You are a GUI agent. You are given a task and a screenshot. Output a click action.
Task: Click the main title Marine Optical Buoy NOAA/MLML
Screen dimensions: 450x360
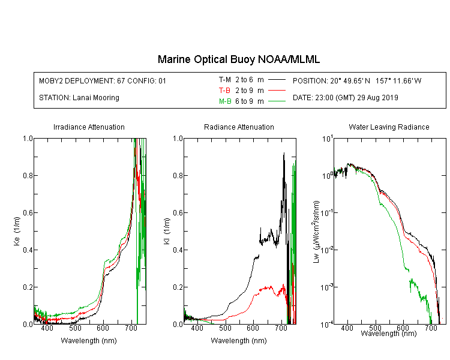(x=238, y=59)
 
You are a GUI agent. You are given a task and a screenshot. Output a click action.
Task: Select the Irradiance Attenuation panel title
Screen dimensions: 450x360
(x=89, y=127)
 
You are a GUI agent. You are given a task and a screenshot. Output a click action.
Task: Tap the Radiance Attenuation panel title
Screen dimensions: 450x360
(x=239, y=127)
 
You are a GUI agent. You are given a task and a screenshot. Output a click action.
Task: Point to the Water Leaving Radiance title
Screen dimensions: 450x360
(x=389, y=127)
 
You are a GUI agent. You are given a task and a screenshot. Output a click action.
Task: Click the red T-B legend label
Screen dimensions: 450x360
(x=224, y=91)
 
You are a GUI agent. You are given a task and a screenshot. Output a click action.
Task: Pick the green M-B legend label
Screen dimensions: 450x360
(x=225, y=101)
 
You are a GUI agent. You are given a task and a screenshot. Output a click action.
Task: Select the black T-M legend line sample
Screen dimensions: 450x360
(x=277, y=80)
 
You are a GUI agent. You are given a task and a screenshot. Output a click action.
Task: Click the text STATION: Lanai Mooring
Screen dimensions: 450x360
(x=79, y=98)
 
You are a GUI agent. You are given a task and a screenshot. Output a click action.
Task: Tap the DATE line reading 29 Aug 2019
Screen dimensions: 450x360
(x=345, y=98)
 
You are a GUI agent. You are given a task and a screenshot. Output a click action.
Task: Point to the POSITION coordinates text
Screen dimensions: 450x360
(x=357, y=80)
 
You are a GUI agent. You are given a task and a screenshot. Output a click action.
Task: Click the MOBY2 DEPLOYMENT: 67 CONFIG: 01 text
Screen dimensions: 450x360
(x=103, y=80)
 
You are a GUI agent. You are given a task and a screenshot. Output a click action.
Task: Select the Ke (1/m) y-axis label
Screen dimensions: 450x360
(x=17, y=232)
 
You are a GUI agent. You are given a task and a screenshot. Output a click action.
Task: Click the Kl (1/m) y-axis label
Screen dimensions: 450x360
(x=167, y=232)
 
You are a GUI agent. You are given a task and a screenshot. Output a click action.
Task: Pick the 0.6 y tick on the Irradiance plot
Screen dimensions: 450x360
(x=28, y=213)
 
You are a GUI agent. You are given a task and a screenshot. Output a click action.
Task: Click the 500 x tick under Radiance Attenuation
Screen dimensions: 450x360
(x=225, y=328)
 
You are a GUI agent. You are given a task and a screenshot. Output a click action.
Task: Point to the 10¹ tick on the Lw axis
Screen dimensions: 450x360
(x=328, y=139)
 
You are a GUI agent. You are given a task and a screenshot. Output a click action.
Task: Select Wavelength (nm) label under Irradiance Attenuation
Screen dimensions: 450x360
(x=89, y=340)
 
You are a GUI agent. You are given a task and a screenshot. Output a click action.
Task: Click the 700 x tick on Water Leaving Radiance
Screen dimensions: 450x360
(x=431, y=328)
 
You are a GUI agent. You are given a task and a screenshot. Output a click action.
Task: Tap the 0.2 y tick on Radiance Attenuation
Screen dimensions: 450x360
(x=178, y=287)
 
